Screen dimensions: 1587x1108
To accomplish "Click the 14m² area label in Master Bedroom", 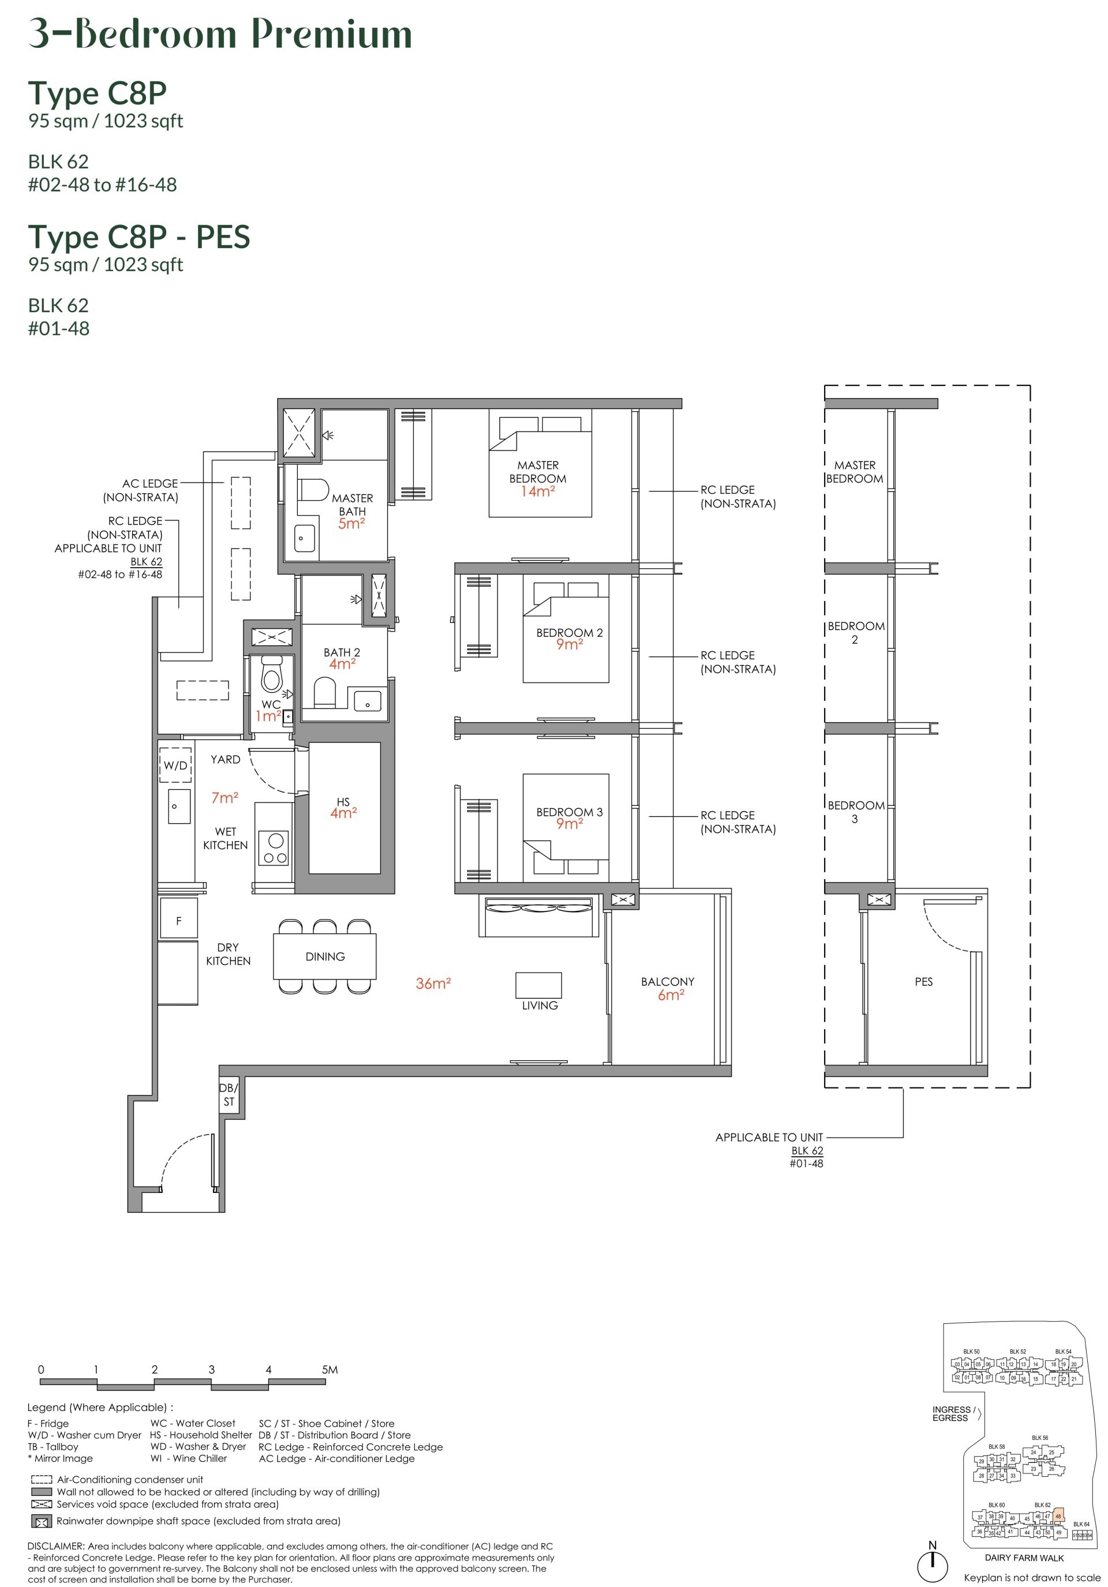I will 537,492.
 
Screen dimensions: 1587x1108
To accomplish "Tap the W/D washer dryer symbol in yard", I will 175,764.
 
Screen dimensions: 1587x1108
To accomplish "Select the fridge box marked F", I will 178,920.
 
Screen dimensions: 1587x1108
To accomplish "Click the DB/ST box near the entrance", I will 229,1094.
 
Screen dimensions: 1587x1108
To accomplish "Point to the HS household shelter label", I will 343,802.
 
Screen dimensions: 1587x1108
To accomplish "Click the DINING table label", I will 324,956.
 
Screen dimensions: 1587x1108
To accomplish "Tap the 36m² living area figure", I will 433,984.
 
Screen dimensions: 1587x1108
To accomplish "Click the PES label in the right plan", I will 923,981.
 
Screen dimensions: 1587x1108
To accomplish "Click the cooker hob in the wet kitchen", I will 275,848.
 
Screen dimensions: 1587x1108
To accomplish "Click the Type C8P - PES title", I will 138,237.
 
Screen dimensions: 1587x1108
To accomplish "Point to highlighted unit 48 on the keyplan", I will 1058,1517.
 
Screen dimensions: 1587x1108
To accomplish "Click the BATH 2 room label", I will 342,652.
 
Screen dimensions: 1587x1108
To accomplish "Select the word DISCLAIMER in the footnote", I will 57,1546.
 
